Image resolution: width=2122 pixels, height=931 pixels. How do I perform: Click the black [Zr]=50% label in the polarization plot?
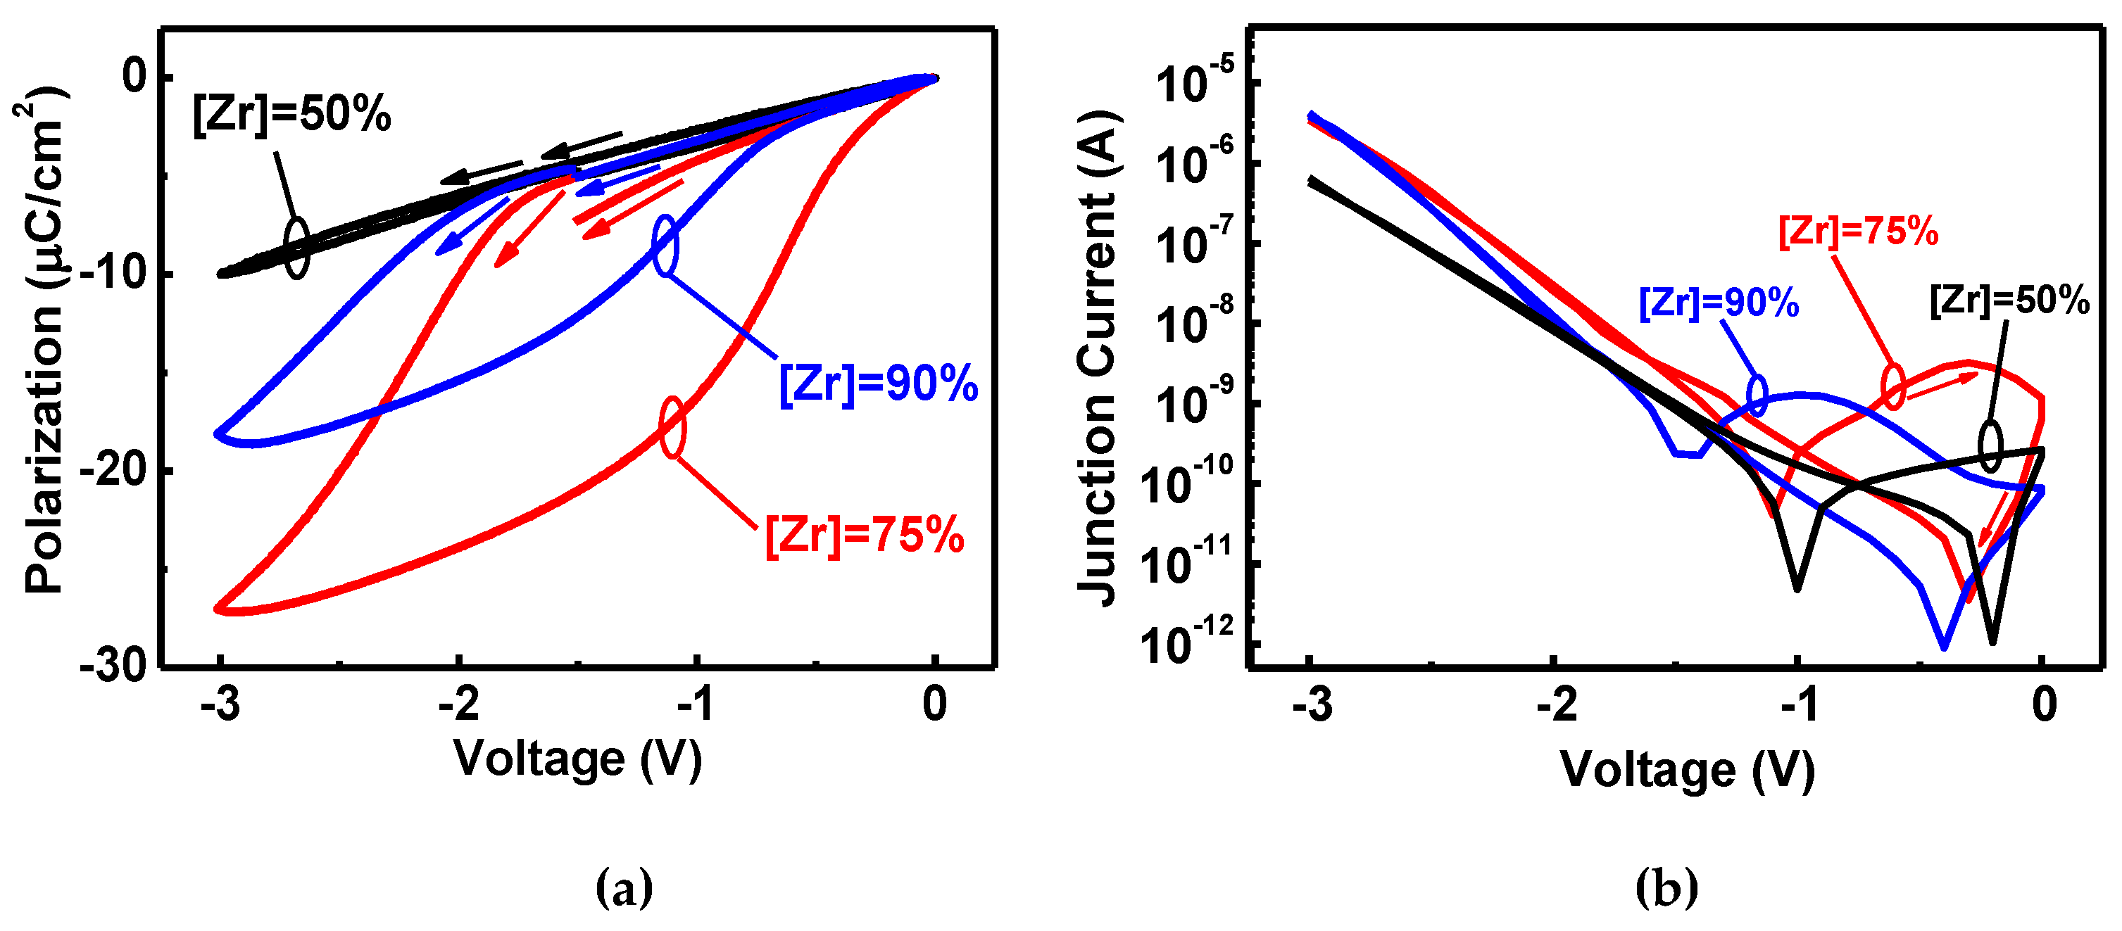pos(291,115)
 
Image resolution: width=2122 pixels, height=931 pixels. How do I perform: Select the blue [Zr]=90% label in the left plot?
pos(878,384)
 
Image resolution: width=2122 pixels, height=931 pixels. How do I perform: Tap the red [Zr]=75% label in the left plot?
pos(864,535)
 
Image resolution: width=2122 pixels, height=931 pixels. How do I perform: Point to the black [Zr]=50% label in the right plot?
pos(2009,300)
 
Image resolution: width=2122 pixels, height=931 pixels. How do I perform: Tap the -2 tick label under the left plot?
pos(459,704)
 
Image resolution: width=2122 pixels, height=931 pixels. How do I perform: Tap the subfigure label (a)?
pos(624,887)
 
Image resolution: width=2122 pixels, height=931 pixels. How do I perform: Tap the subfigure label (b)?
pos(1666,887)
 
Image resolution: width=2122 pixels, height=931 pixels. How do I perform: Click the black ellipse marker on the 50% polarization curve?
pos(296,248)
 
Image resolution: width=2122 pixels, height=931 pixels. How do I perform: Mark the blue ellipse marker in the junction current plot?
pos(1757,396)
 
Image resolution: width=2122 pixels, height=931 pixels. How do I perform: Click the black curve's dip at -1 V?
pos(1797,587)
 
